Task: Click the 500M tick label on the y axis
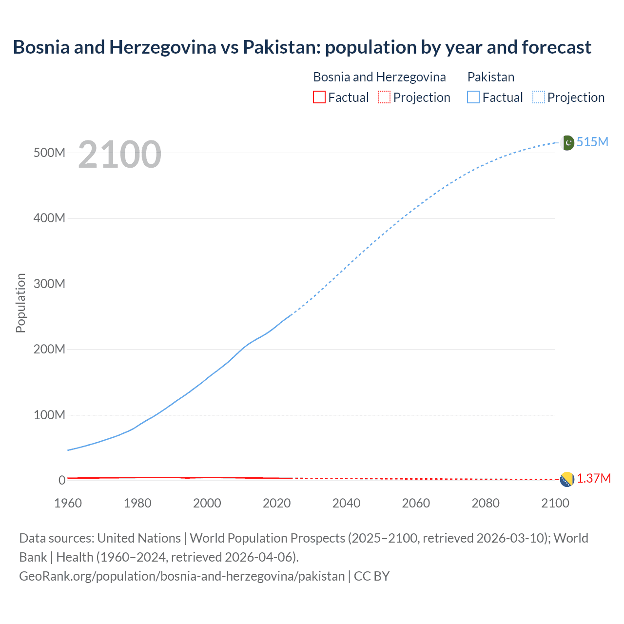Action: pyautogui.click(x=49, y=153)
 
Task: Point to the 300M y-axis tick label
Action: pyautogui.click(x=49, y=284)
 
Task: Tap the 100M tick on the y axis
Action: pyautogui.click(x=49, y=415)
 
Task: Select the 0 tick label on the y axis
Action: pyautogui.click(x=62, y=480)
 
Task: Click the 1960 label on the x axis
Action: pyautogui.click(x=68, y=503)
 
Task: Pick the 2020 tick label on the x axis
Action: pyautogui.click(x=276, y=503)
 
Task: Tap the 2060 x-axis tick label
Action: pyautogui.click(x=416, y=503)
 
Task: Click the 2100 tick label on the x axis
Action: pyautogui.click(x=555, y=503)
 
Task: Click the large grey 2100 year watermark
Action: pyautogui.click(x=119, y=155)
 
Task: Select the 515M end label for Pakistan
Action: pyautogui.click(x=592, y=142)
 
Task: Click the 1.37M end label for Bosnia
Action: pyautogui.click(x=593, y=478)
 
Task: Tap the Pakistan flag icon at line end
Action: pyautogui.click(x=567, y=143)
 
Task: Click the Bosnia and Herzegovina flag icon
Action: pyautogui.click(x=567, y=479)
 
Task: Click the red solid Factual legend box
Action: pyautogui.click(x=319, y=97)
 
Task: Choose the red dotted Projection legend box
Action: pyautogui.click(x=384, y=97)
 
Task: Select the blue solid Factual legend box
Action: pyautogui.click(x=473, y=97)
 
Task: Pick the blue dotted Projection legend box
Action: pyautogui.click(x=538, y=97)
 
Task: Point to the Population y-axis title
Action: pyautogui.click(x=20, y=303)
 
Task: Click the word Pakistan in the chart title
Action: pyautogui.click(x=281, y=47)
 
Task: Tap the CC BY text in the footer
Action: pyautogui.click(x=371, y=576)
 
